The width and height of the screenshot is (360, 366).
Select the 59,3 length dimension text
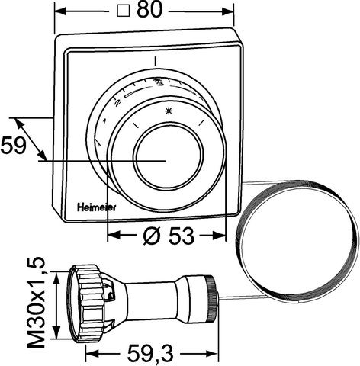[149, 353]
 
